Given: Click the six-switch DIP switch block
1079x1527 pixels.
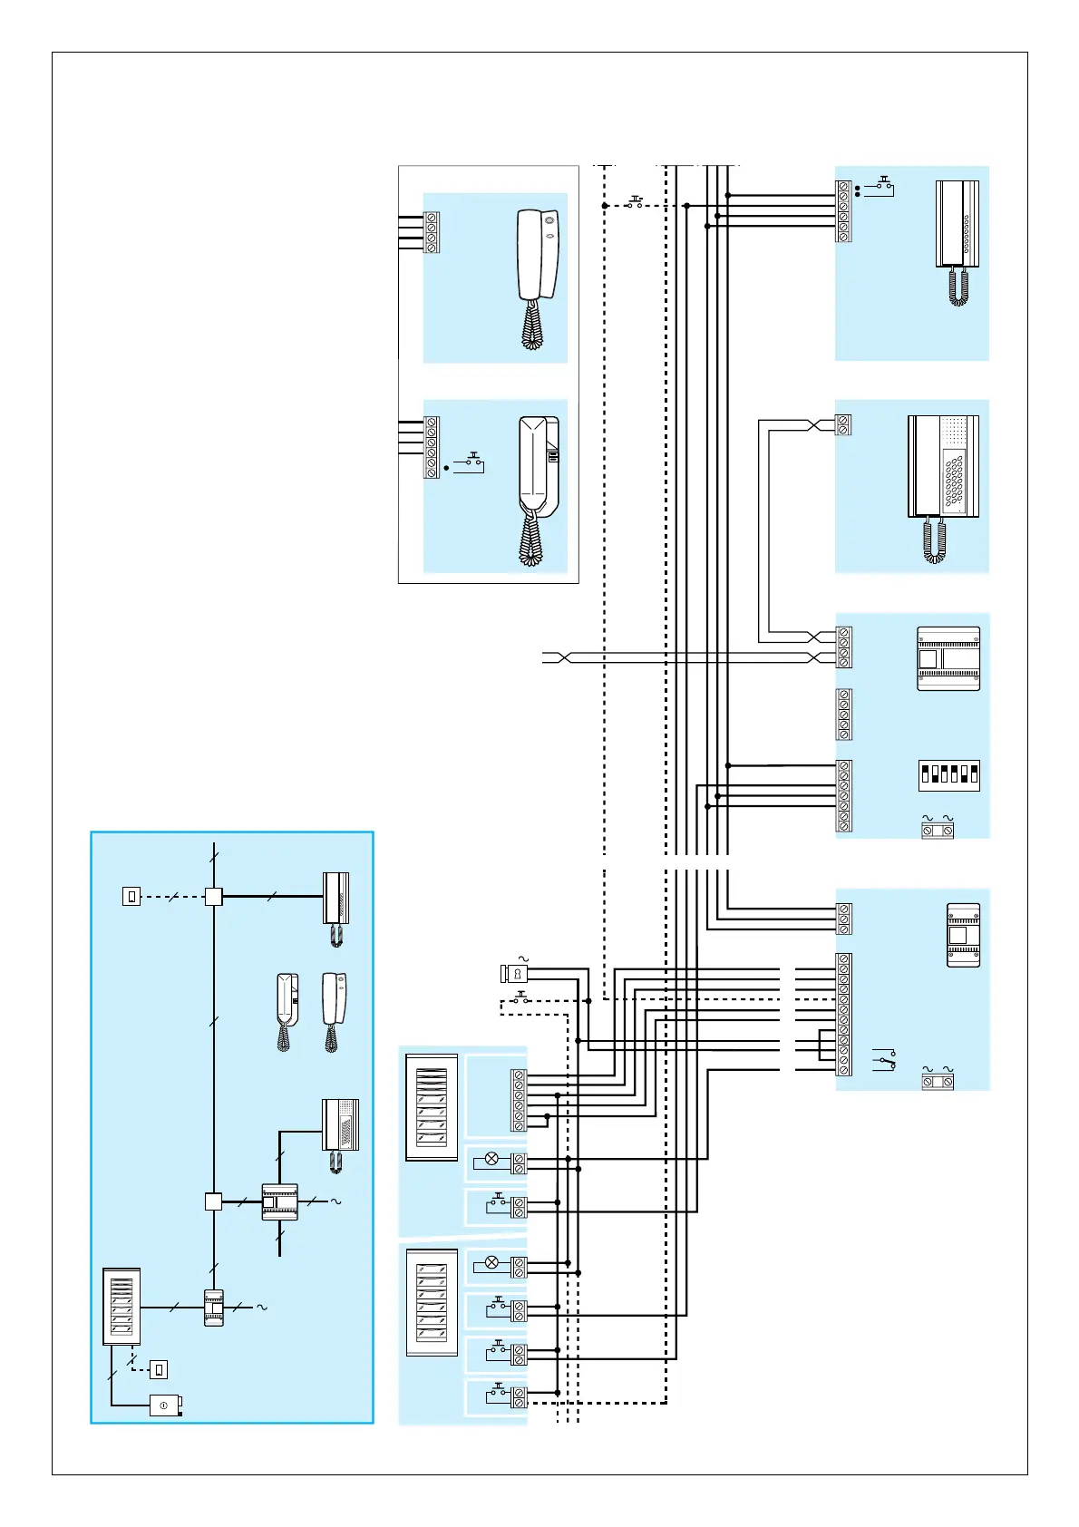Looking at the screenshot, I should click(948, 774).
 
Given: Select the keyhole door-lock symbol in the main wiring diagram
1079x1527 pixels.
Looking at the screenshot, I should click(515, 974).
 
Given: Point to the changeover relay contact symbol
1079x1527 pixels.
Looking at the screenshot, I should click(884, 1058).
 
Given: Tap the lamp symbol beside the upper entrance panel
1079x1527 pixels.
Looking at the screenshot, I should click(492, 1159).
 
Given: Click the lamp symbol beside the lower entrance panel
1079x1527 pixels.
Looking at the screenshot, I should click(492, 1262).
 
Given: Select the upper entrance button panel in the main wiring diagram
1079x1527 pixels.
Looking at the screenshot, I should click(432, 1106).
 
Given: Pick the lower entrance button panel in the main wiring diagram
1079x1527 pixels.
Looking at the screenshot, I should click(432, 1302).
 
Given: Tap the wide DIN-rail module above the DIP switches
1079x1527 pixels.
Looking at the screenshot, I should click(948, 658).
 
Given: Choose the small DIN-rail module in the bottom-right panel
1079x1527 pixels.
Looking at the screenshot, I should click(963, 935).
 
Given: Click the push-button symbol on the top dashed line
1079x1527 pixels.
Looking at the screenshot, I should click(636, 202).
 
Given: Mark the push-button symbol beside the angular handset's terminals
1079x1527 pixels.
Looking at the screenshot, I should click(471, 462).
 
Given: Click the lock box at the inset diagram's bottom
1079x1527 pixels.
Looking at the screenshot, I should click(165, 1405).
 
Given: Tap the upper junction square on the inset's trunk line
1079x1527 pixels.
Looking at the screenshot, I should click(213, 897).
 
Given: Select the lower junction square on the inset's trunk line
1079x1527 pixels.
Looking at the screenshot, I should click(213, 1201).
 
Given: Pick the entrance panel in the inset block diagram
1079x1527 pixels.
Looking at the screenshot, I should click(122, 1306).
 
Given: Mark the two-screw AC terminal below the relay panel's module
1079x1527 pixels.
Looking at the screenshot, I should click(938, 1082).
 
